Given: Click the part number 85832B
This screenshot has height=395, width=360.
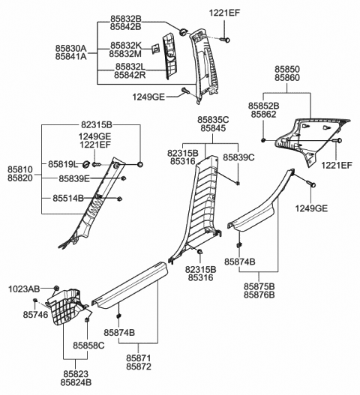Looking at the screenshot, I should coord(126,17).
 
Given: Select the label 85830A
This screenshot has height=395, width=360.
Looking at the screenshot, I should coord(70,47).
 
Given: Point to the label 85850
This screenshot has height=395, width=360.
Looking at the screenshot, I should coord(289,69).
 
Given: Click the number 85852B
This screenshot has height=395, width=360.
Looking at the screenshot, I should coord(264,106).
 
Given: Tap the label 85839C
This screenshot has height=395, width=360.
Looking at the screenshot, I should coord(239,157).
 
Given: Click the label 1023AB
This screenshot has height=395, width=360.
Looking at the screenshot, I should coord(24,289).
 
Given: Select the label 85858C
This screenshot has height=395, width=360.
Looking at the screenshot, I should coord(89,346).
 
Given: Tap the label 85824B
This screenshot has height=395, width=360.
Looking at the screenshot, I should coord(77,382).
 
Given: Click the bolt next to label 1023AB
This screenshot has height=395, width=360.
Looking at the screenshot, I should coord(55,289).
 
